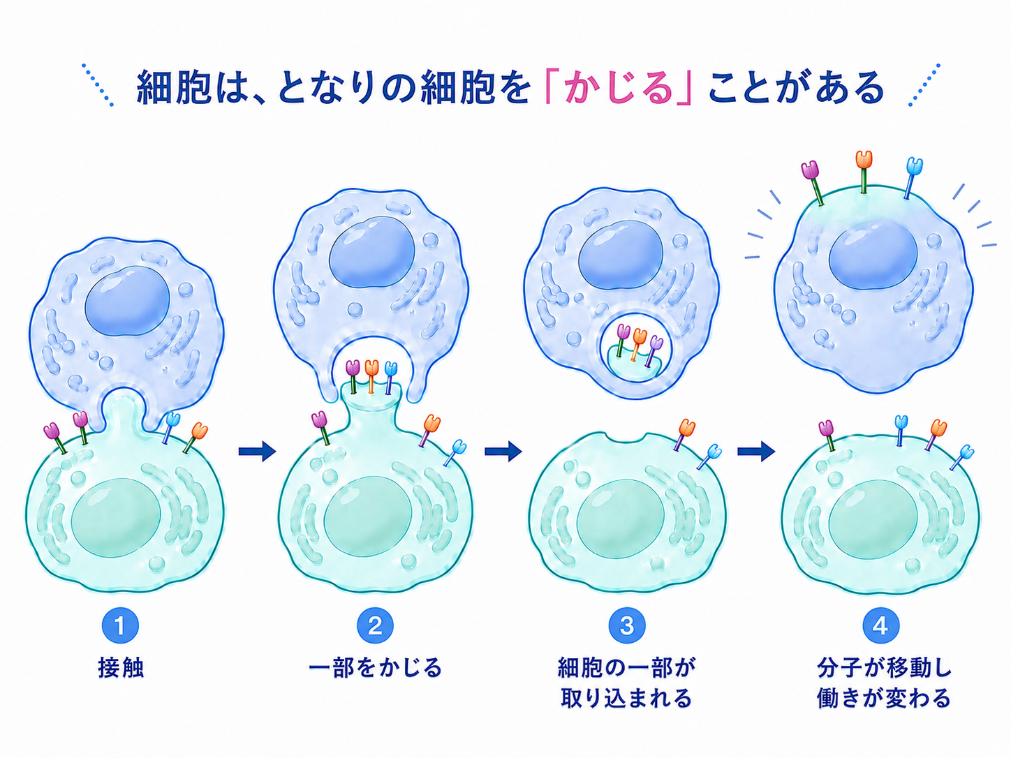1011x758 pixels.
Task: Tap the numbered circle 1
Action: pos(120,625)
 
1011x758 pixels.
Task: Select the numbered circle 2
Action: pos(375,625)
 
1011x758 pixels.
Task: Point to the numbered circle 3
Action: pos(627,625)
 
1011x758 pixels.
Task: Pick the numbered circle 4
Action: pos(880,625)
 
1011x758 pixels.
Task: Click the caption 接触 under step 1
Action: pos(121,668)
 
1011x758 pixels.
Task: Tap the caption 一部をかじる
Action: pos(375,668)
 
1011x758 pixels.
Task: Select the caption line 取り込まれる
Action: pos(626,698)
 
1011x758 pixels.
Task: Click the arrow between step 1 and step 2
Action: pos(257,452)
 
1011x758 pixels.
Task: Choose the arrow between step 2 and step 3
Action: pos(503,452)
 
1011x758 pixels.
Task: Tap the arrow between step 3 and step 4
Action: pos(756,452)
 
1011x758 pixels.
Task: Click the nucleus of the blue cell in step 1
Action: pos(128,300)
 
